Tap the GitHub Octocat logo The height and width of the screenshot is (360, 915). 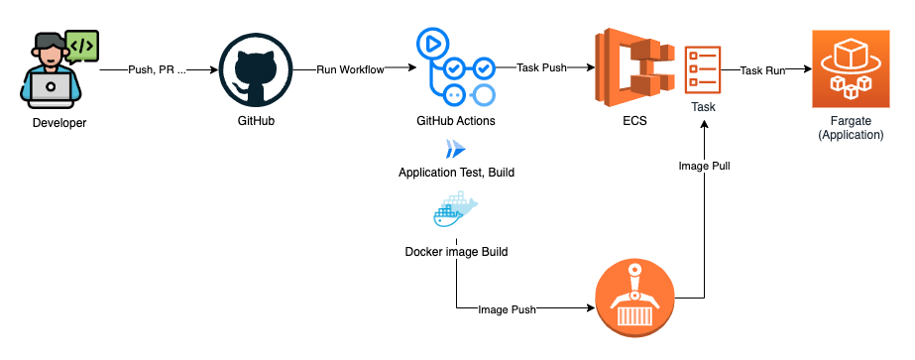click(x=255, y=70)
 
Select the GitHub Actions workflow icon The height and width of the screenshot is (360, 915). click(x=455, y=69)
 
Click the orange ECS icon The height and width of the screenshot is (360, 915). click(x=634, y=68)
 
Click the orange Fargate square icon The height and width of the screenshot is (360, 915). click(x=851, y=68)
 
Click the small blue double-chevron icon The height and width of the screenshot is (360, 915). click(x=455, y=150)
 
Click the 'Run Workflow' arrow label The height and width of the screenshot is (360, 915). click(x=350, y=70)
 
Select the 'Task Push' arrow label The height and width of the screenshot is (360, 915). click(x=541, y=67)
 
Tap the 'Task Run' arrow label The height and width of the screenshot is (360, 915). click(x=762, y=70)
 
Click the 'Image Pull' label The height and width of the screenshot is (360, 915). click(x=704, y=167)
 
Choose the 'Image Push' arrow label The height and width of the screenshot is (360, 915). click(x=507, y=309)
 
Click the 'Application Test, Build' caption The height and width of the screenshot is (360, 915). click(x=456, y=173)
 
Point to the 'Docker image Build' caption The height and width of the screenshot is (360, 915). click(x=456, y=252)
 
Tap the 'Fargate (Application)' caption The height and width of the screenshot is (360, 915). click(x=851, y=128)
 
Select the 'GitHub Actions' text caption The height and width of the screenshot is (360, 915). click(x=456, y=121)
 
